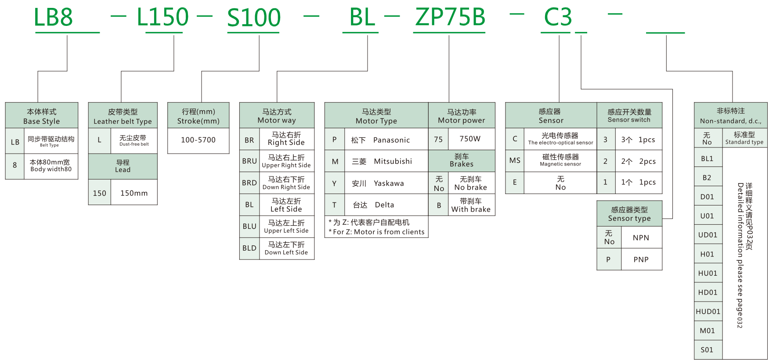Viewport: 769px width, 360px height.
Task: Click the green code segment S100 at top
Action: (253, 18)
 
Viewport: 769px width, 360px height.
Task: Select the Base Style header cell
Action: (41, 116)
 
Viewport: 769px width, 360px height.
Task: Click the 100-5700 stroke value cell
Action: (198, 140)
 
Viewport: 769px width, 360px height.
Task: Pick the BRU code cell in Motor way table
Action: (249, 161)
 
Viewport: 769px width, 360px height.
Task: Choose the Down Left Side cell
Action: (286, 248)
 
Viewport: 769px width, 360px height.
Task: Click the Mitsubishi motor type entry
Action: (382, 162)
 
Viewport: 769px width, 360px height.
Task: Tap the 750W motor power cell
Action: (470, 139)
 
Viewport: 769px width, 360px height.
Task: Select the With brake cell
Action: (471, 205)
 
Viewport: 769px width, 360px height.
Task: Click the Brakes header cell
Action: (461, 160)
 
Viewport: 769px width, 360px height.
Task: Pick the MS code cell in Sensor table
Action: (515, 161)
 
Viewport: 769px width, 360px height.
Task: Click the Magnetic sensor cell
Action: (560, 160)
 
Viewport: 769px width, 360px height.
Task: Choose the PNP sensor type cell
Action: (641, 259)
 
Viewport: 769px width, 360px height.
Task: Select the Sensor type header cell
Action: (629, 214)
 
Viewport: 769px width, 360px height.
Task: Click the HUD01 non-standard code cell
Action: (708, 312)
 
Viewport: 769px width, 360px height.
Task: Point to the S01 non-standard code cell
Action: (707, 350)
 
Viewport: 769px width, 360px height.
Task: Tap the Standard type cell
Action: (744, 138)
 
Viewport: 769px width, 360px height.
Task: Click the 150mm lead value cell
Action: (134, 193)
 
